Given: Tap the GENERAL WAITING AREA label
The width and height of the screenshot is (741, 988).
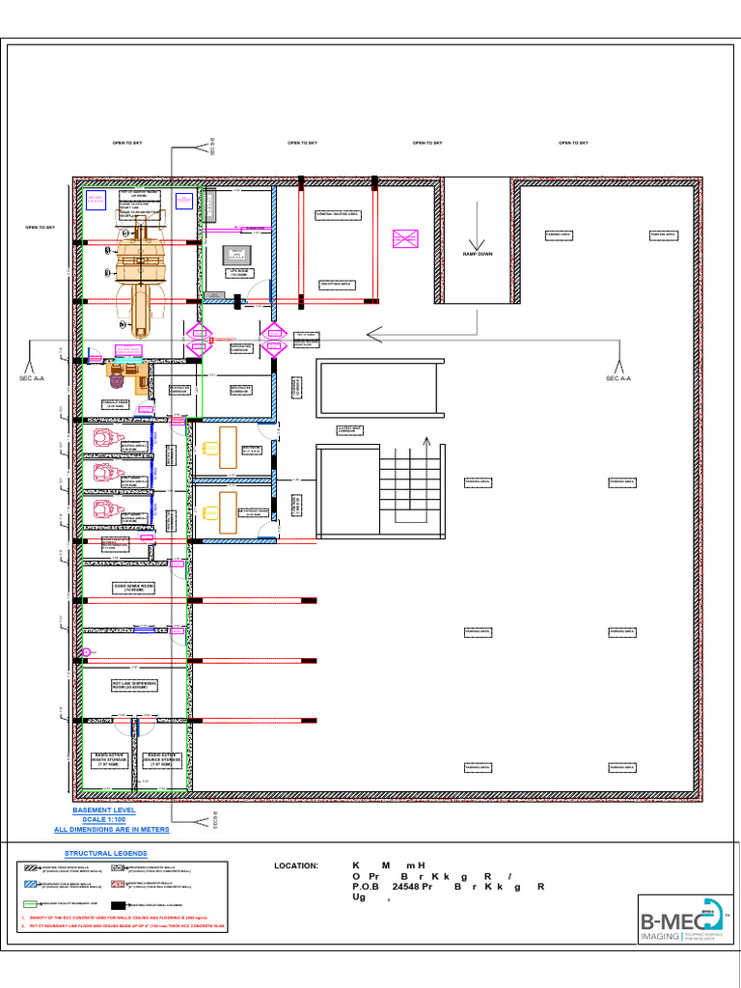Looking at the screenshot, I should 338,213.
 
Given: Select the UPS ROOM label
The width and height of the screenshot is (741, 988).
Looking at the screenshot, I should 236,274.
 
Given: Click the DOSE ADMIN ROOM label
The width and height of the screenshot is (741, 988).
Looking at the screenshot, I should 133,587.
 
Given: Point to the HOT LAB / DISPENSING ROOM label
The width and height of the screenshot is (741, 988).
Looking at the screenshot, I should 133,684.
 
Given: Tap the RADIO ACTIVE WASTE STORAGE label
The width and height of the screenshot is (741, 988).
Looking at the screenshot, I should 109,760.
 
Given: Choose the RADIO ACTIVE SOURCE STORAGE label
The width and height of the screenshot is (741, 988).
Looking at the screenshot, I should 161,760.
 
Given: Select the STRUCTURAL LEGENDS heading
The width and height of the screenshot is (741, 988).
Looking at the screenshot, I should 106,854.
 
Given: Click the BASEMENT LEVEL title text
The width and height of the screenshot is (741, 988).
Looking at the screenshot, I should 104,810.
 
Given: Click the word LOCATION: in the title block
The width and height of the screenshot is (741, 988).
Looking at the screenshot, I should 296,865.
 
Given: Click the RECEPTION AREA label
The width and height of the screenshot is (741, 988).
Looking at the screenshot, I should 338,284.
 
